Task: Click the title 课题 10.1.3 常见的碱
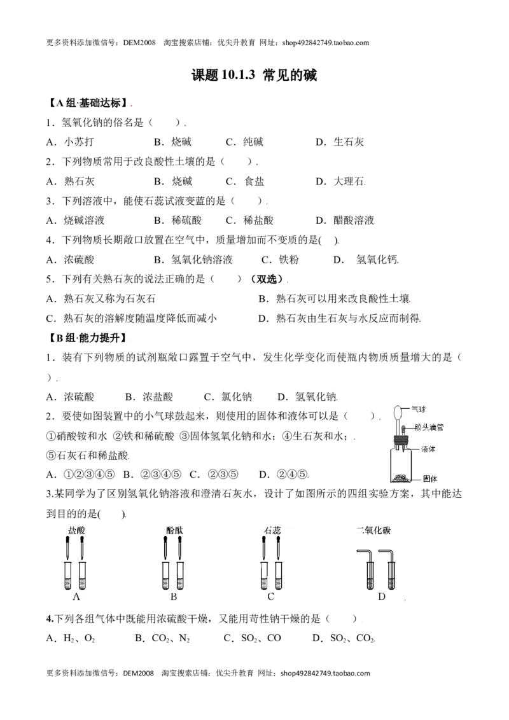coord(254,75)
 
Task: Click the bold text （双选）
coord(267,279)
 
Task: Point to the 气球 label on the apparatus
coord(418,409)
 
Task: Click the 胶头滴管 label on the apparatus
coord(429,427)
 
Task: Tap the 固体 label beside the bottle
coord(430,479)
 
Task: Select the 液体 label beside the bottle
coord(428,449)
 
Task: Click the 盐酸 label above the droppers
coord(76,530)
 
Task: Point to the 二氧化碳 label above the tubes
coord(373,530)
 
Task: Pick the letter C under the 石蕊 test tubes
coord(270,597)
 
